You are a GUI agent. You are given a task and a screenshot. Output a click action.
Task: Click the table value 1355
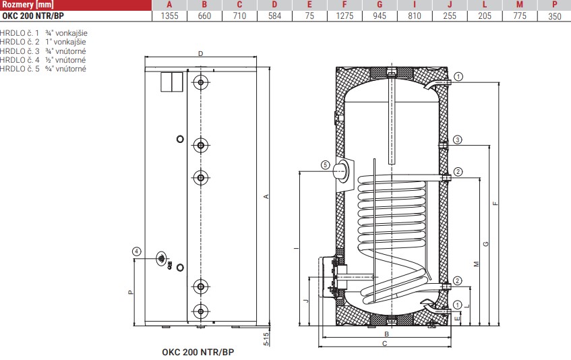(x=169, y=16)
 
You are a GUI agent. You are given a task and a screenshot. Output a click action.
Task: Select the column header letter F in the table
(x=344, y=5)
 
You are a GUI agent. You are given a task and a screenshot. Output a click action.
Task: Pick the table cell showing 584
(x=274, y=16)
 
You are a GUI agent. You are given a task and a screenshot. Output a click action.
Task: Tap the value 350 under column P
(x=554, y=16)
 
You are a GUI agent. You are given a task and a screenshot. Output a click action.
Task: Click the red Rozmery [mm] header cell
(x=76, y=5)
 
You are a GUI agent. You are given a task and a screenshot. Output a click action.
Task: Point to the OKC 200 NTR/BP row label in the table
(x=33, y=16)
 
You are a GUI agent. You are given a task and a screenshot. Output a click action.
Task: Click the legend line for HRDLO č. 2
(x=43, y=42)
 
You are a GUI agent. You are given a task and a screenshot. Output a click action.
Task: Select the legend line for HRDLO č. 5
(x=43, y=69)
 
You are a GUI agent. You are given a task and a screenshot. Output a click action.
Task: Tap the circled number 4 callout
(x=137, y=251)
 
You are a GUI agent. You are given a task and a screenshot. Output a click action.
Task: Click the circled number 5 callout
(x=325, y=165)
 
